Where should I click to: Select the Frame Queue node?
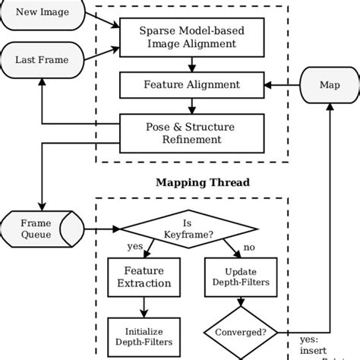(36, 229)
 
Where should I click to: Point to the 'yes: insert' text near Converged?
(310, 346)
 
